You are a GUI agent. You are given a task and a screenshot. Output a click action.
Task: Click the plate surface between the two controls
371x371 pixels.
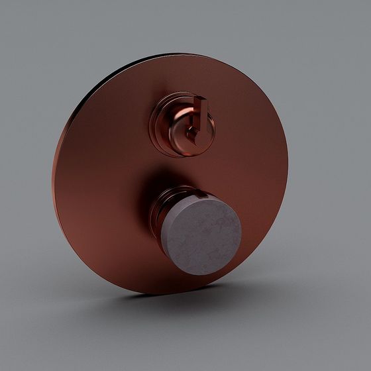(179, 166)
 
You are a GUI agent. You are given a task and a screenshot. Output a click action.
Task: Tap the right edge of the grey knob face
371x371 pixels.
(241, 229)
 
